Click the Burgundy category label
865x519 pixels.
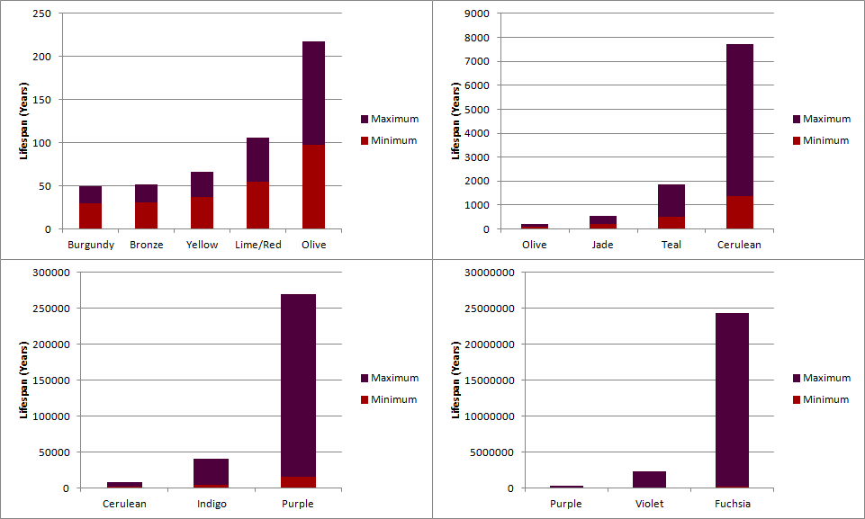pyautogui.click(x=91, y=245)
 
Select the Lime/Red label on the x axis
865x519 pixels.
pyautogui.click(x=257, y=245)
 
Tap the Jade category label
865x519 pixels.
pyautogui.click(x=602, y=245)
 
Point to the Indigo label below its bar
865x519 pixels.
pyautogui.click(x=212, y=504)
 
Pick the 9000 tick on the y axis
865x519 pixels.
pyautogui.click(x=476, y=13)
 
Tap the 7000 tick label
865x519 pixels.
pyautogui.click(x=476, y=61)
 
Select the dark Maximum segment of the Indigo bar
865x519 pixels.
pyautogui.click(x=212, y=471)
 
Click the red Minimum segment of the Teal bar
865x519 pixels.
pyautogui.click(x=671, y=223)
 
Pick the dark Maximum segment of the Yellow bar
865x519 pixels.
pyautogui.click(x=202, y=184)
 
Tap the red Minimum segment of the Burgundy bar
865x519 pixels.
pyautogui.click(x=90, y=216)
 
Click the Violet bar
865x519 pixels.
pyautogui.click(x=649, y=479)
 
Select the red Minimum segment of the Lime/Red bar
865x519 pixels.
pyautogui.click(x=257, y=205)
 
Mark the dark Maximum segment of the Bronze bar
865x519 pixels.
pyautogui.click(x=146, y=193)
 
